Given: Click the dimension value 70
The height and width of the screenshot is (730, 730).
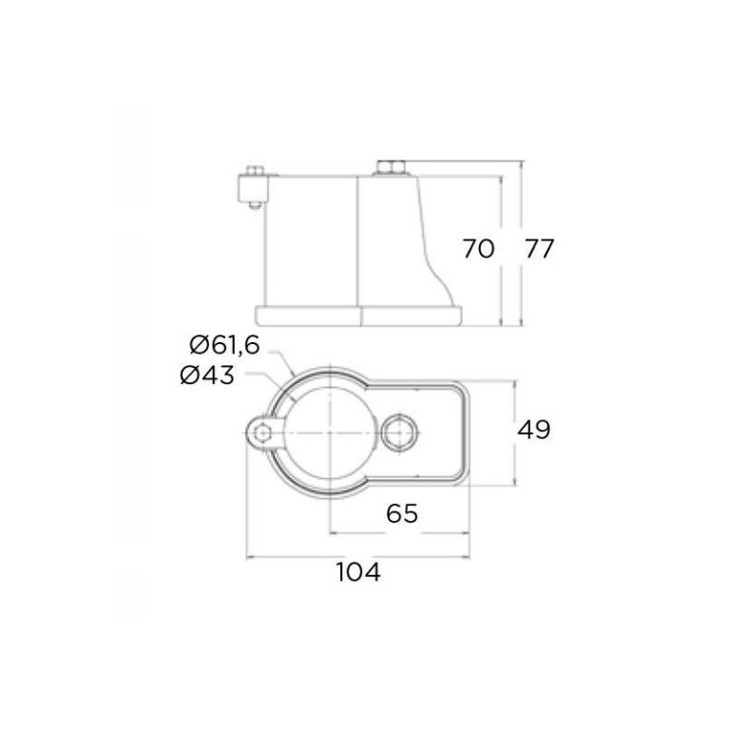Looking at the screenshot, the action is point(478,248).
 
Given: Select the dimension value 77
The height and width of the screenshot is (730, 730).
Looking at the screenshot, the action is point(540,248).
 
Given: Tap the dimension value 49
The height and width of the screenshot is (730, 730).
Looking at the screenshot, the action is point(533,430).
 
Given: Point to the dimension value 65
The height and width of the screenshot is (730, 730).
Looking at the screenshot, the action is point(402,513).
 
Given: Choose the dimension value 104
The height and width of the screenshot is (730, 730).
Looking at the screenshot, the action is point(358,571).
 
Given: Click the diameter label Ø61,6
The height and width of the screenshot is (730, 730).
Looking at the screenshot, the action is point(224,345).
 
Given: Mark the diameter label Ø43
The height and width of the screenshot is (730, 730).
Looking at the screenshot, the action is point(207,375).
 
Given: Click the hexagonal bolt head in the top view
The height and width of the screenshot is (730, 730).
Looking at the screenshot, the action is point(398,432).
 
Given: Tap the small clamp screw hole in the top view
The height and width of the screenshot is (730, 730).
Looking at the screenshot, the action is point(263,432).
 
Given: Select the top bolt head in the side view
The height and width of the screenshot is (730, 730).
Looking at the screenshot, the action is point(390,167).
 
